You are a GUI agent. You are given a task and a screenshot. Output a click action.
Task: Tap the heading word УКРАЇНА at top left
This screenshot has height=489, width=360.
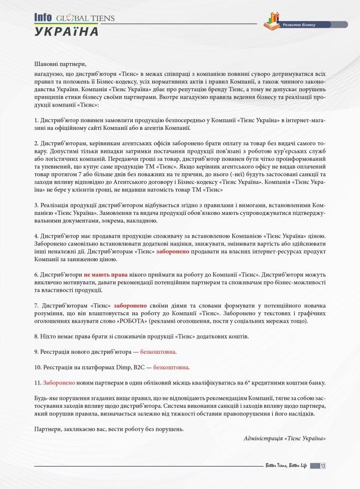pyautogui.click(x=66, y=32)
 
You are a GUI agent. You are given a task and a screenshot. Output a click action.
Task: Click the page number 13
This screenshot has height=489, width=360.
pyautogui.click(x=323, y=466)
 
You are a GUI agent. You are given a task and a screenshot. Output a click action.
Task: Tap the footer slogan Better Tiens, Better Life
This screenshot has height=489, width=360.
pyautogui.click(x=286, y=466)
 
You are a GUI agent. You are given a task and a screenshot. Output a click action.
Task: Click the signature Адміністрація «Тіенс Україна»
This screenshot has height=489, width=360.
pyautogui.click(x=285, y=438)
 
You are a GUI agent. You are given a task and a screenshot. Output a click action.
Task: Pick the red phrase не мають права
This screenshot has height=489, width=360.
pyautogui.click(x=101, y=275)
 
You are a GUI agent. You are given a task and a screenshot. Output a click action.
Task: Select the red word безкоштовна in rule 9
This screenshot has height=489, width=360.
pyautogui.click(x=158, y=352)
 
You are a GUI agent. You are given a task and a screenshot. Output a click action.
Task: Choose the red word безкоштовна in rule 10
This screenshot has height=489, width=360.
pyautogui.click(x=171, y=367)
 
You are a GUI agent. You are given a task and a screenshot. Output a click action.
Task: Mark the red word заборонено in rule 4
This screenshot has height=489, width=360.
pyautogui.click(x=173, y=252)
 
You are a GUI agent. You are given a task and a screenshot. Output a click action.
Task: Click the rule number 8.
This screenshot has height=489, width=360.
pyautogui.click(x=36, y=337)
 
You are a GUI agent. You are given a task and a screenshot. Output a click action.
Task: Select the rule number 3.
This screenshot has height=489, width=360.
pyautogui.click(x=36, y=205)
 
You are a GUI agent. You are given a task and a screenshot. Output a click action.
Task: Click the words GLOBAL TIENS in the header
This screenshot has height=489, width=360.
pyautogui.click(x=85, y=19)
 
